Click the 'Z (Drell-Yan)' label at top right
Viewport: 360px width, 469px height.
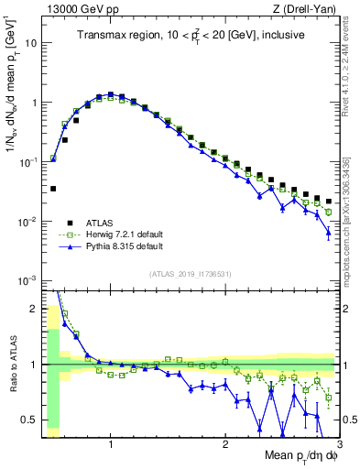point(309,8)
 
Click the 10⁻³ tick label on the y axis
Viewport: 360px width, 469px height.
point(27,280)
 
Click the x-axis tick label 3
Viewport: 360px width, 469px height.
point(338,444)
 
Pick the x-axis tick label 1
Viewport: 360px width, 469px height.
point(111,444)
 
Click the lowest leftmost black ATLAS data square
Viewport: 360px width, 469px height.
point(53,189)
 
